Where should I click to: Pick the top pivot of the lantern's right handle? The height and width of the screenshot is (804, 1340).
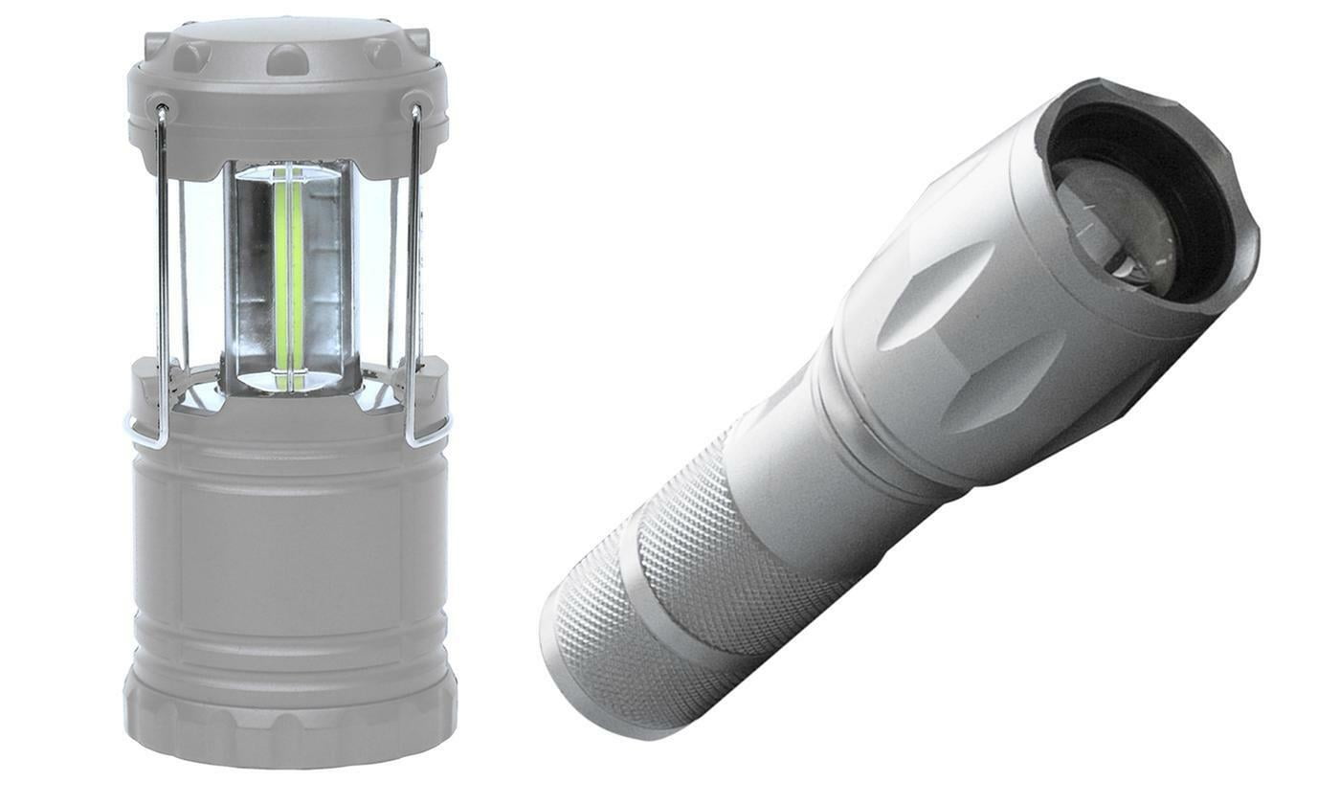point(416,108)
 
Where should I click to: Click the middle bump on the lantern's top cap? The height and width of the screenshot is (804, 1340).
point(287,59)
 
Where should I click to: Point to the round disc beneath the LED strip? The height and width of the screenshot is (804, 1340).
point(287,381)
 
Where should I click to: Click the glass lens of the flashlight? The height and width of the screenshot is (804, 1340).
point(1115,225)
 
